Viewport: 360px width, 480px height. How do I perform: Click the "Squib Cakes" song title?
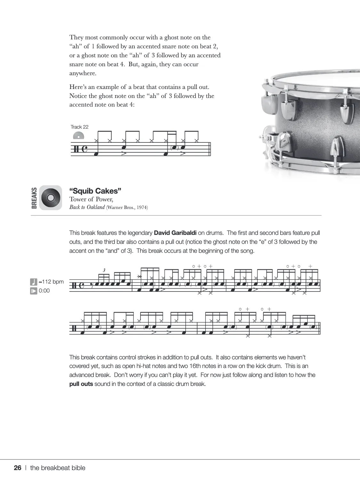coord(95,191)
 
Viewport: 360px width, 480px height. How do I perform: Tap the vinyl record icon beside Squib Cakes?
coord(51,198)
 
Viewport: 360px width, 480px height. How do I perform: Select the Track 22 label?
coord(79,127)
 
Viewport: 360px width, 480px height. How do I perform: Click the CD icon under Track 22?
coord(78,136)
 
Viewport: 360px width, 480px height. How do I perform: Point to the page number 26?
coord(18,468)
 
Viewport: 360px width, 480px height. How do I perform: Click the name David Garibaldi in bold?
coord(175,233)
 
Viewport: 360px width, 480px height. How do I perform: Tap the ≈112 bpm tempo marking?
coord(51,282)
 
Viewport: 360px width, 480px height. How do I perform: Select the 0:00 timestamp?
coord(44,291)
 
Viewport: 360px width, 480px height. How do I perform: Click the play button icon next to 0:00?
coord(34,291)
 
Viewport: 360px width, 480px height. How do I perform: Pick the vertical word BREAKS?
coord(34,198)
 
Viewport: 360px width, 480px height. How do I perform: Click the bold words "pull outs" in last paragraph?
coord(81,384)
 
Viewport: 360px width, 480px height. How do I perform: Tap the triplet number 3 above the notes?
coord(104,270)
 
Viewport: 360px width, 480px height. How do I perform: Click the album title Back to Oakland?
coord(87,207)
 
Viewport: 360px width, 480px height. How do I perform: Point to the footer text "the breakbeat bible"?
coord(58,468)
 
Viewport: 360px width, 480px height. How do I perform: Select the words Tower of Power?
coord(91,199)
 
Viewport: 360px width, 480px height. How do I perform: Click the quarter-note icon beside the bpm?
coord(34,282)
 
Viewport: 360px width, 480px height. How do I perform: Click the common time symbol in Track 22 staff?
coord(85,149)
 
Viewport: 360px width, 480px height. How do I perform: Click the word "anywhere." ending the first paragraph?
coord(83,73)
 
